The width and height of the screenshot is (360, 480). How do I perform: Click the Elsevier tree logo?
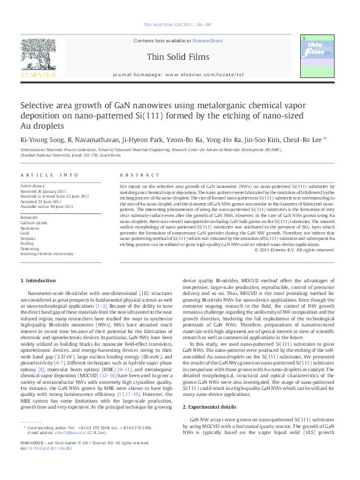(x=39, y=58)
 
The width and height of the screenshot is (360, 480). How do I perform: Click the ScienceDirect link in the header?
(x=207, y=41)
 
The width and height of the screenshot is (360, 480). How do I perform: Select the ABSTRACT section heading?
(x=139, y=175)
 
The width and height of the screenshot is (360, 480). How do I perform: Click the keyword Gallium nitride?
(x=33, y=223)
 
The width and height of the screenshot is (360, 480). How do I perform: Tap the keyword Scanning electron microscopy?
(x=47, y=253)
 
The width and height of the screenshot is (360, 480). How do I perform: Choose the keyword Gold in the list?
(x=25, y=233)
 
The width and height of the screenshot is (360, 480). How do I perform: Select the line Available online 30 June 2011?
(x=47, y=206)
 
